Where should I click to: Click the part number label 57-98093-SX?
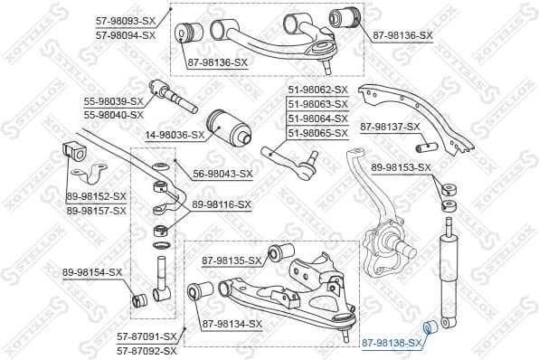(x=125, y=20)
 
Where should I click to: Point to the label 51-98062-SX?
(x=317, y=90)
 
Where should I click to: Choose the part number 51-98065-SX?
(x=317, y=133)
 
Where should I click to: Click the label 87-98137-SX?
(x=391, y=127)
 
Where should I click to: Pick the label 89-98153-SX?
(x=401, y=167)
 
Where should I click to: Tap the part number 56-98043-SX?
(x=222, y=174)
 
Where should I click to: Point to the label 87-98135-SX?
(x=231, y=261)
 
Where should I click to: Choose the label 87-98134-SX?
(x=231, y=323)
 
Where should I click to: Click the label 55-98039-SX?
(x=114, y=101)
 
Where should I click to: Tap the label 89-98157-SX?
(x=96, y=210)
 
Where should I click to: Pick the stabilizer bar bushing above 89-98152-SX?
(x=74, y=151)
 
